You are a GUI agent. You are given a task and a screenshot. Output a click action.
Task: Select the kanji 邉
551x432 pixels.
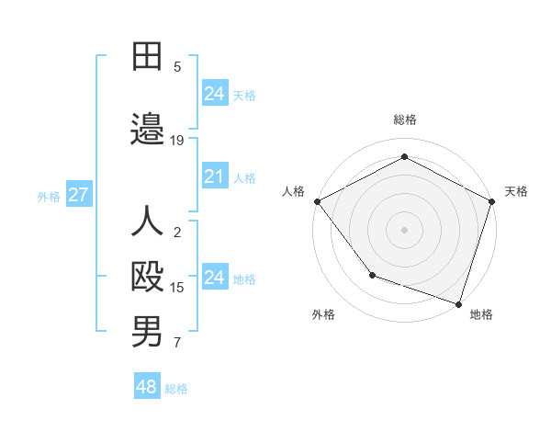(x=147, y=131)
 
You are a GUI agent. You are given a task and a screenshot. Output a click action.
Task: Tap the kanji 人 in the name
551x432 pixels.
(x=147, y=222)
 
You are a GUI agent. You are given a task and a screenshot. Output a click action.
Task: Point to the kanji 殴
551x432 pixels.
(x=147, y=277)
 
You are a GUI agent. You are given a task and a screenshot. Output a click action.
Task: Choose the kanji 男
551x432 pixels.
(x=147, y=332)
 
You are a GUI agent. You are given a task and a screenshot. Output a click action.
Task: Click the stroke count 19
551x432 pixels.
(x=177, y=141)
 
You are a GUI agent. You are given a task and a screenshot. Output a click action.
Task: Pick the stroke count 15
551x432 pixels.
(x=177, y=288)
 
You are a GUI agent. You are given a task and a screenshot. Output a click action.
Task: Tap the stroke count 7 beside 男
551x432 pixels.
(x=177, y=343)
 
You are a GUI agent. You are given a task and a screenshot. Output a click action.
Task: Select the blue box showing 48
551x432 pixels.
(x=147, y=387)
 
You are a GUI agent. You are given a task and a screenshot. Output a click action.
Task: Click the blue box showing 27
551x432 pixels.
(x=79, y=195)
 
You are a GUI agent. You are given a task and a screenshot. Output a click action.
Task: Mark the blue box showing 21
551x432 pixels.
(x=215, y=176)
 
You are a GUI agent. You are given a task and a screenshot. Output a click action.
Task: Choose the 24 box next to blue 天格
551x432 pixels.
(x=215, y=94)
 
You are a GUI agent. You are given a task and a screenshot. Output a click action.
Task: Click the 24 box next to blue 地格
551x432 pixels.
(x=215, y=278)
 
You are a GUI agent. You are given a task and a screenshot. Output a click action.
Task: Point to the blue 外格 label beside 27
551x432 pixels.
(x=49, y=196)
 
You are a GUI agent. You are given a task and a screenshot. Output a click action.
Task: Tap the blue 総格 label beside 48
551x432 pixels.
(x=176, y=389)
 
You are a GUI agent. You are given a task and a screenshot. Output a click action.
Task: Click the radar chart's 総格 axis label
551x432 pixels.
(x=404, y=119)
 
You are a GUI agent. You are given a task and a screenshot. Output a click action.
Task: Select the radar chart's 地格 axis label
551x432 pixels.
(x=481, y=314)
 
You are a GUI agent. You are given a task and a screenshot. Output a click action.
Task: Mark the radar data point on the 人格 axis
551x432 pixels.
(x=317, y=201)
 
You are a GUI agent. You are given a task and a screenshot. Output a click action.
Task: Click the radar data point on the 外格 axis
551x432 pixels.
(x=372, y=275)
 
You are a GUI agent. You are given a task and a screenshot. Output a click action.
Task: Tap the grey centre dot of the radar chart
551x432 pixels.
(x=404, y=229)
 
